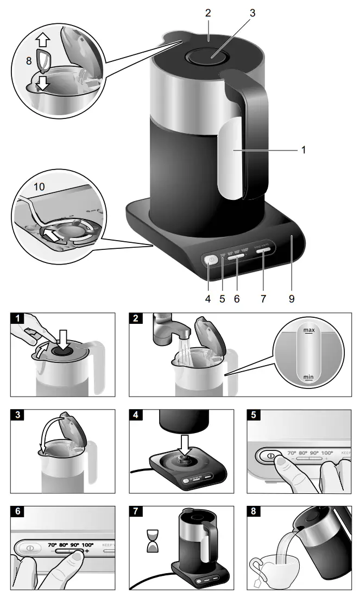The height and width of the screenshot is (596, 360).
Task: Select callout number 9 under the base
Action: click(292, 298)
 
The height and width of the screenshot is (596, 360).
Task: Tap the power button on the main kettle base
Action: click(211, 260)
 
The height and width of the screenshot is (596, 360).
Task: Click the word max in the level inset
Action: click(309, 330)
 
